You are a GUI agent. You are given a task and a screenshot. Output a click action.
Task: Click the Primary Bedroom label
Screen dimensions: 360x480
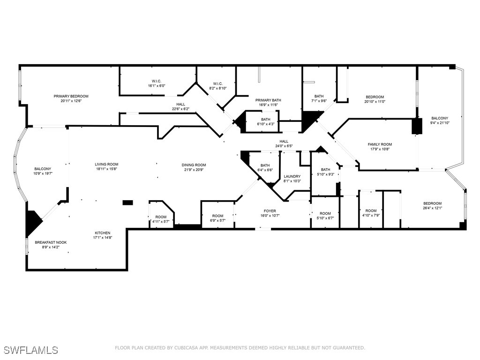[x=71, y=97]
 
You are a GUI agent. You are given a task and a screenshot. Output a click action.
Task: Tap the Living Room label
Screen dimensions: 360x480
[x=106, y=165]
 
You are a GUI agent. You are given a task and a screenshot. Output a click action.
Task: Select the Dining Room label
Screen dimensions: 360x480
[x=194, y=165]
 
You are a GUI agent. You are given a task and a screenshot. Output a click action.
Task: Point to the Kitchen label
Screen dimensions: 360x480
[x=103, y=233]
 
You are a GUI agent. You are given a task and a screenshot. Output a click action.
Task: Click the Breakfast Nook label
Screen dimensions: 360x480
[x=51, y=242]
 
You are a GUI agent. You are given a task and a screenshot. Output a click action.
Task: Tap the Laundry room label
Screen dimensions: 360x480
[x=292, y=176]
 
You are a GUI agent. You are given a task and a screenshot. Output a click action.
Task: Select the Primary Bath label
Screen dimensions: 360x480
[x=268, y=100]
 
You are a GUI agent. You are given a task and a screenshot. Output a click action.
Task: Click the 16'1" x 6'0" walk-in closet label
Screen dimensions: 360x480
[x=157, y=83]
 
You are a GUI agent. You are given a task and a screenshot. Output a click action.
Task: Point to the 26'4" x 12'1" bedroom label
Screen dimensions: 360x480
[x=432, y=203]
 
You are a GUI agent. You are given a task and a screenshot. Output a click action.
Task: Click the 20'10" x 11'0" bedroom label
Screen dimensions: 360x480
[x=375, y=97]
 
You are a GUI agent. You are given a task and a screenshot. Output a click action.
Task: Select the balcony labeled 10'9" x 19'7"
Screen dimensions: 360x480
[x=43, y=169]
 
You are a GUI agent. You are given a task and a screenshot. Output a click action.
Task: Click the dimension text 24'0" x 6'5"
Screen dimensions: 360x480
[x=284, y=146]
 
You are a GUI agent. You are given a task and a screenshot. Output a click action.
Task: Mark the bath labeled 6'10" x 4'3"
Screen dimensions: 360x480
[x=266, y=120]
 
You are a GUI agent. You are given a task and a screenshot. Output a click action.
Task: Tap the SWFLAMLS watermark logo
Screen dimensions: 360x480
[x=31, y=350]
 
